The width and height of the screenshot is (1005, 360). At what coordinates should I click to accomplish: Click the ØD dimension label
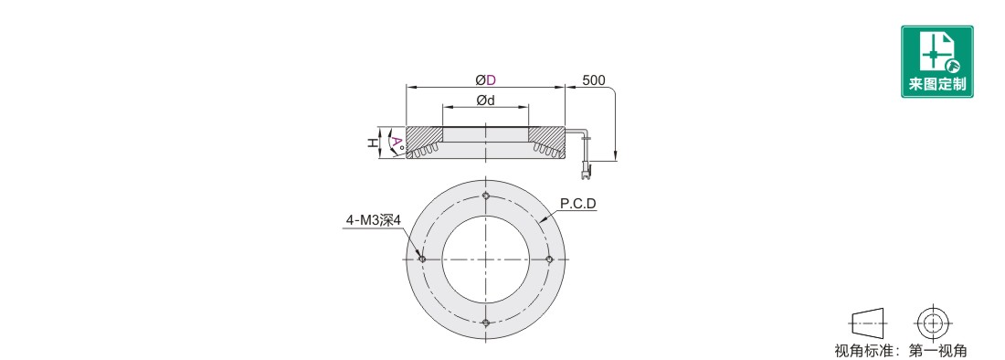click(x=486, y=79)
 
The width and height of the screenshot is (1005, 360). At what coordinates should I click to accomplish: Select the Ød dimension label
click(x=486, y=100)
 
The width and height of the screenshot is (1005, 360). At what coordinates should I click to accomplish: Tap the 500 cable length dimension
click(x=594, y=80)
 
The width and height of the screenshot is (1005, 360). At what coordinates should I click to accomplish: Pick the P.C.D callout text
click(x=578, y=204)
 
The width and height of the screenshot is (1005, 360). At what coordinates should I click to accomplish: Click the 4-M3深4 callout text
click(x=373, y=220)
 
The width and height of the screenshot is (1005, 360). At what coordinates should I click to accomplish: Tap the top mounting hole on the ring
click(x=486, y=196)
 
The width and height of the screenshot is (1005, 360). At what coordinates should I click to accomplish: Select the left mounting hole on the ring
click(x=422, y=259)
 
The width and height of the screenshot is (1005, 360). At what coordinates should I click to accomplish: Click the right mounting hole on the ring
click(x=549, y=259)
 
